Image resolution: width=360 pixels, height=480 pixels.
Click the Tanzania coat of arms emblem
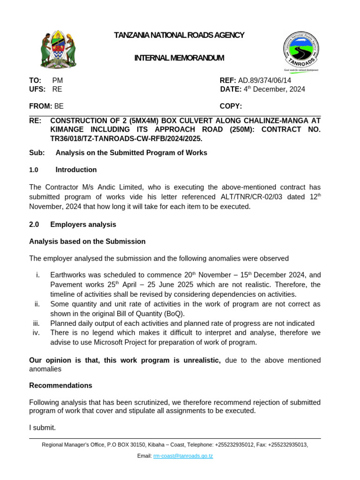click(58, 50)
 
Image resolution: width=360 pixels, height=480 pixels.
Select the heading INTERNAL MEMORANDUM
click(179, 58)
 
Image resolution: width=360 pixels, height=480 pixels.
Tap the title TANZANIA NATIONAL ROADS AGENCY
click(180, 35)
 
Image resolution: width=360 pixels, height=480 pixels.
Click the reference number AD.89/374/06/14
click(265, 81)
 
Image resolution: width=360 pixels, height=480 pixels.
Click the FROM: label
click(40, 106)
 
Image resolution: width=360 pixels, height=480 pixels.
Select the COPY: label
click(231, 106)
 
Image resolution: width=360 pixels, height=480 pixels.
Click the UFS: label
click(37, 89)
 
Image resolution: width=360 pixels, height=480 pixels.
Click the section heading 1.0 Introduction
click(63, 170)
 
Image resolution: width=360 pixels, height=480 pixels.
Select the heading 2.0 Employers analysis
click(73, 225)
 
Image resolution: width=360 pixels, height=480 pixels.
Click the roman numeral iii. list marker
click(37, 323)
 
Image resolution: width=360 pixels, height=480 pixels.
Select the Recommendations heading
click(60, 386)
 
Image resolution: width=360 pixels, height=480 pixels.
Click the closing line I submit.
click(42, 427)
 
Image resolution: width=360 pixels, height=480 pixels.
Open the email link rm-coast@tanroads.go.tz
click(183, 456)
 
